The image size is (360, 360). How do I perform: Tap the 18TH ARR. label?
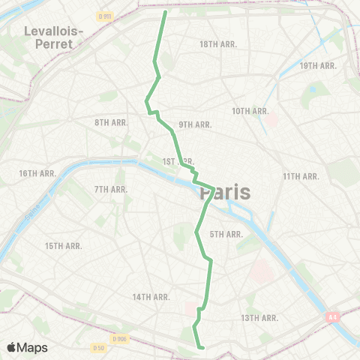[x=218, y=44]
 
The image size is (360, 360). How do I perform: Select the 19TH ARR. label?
[x=317, y=66]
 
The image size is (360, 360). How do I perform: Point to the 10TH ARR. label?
[x=250, y=111]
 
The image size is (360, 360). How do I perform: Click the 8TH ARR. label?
[x=110, y=122]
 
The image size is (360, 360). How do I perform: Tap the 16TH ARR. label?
[x=38, y=173]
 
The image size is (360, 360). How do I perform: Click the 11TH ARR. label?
[x=301, y=176]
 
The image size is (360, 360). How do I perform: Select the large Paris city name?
[x=226, y=193]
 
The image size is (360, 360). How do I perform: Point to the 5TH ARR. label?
[x=226, y=235]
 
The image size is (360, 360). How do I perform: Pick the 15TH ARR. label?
[x=63, y=246]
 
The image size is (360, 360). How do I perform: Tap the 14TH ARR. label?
[x=151, y=297]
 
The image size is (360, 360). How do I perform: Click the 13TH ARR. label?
[x=259, y=318]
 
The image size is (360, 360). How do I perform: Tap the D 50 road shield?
[x=98, y=348]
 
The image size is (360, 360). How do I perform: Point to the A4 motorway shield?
[x=332, y=317]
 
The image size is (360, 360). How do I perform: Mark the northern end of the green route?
[x=165, y=12]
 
